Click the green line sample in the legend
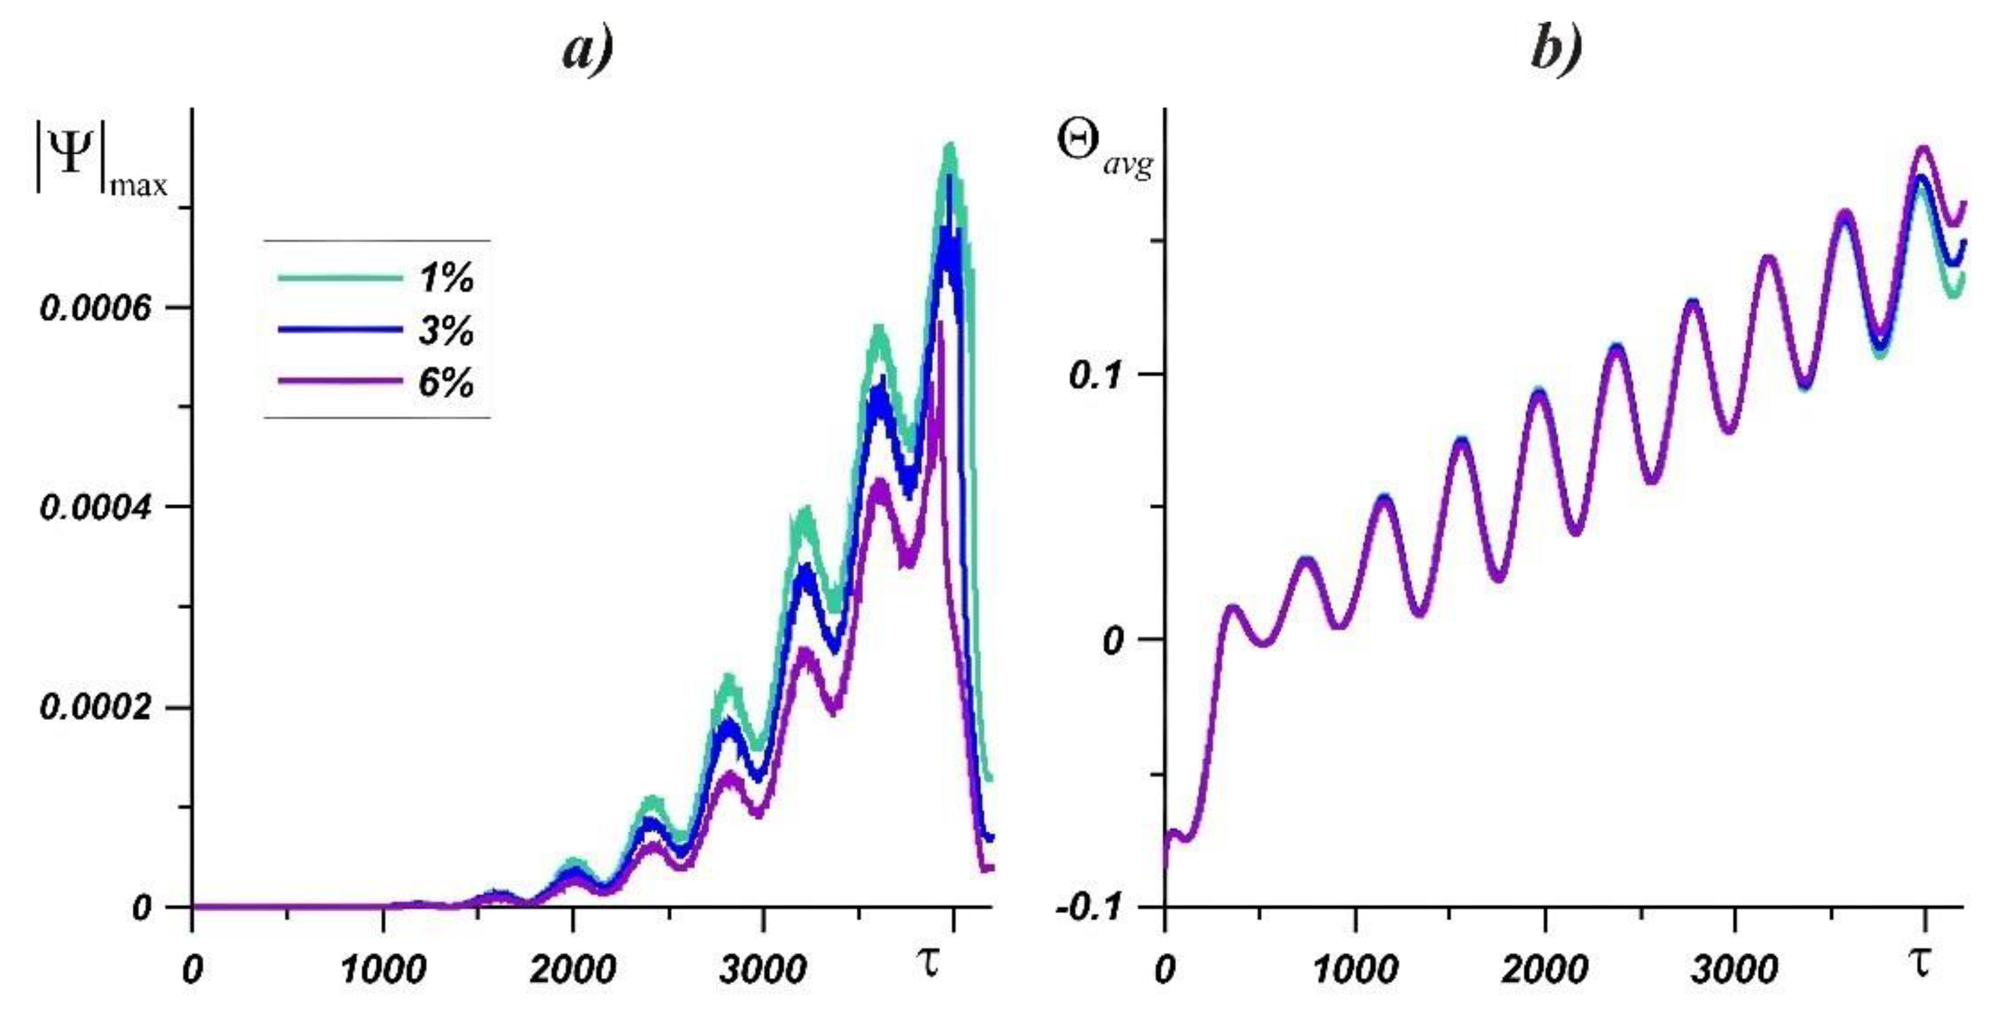(x=340, y=278)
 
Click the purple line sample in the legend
(x=340, y=382)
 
